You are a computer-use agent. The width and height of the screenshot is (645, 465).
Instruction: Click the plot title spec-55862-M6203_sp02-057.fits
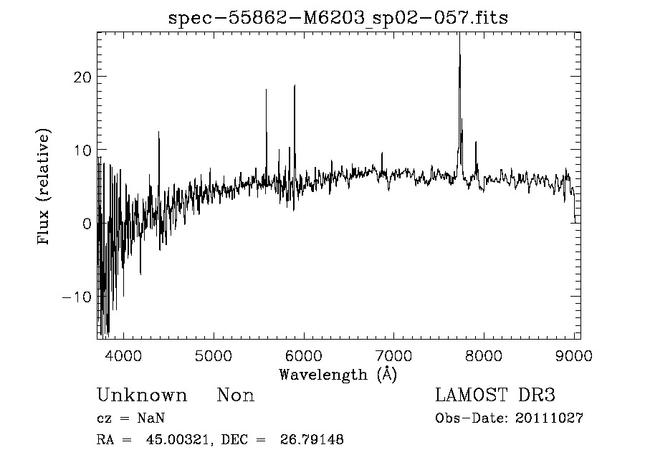point(338,18)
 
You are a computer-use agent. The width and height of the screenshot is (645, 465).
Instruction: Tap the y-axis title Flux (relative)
point(44,187)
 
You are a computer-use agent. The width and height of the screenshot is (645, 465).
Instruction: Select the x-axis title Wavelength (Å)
point(338,374)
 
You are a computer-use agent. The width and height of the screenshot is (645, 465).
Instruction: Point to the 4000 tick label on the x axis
point(124,355)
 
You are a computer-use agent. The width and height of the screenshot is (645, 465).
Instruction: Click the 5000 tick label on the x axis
point(214,355)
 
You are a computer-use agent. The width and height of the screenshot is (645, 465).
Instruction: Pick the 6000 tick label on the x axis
point(304,355)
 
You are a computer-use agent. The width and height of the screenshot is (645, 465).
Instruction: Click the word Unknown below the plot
point(142,396)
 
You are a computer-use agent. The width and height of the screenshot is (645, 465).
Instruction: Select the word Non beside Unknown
point(235,396)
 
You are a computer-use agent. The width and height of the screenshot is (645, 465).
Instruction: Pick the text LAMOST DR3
point(495,396)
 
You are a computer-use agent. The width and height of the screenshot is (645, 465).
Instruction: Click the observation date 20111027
point(549,418)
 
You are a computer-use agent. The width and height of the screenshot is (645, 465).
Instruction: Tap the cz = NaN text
point(131,418)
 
